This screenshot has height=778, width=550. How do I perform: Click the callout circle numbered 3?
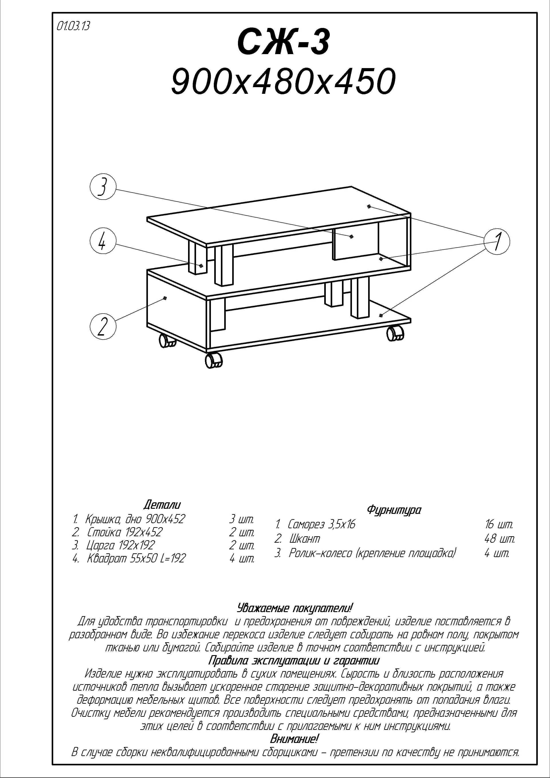click(x=103, y=187)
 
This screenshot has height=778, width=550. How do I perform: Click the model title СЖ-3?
click(x=283, y=43)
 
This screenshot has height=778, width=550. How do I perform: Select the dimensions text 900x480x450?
click(x=283, y=81)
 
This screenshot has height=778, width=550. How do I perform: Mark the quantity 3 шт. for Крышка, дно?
click(x=242, y=519)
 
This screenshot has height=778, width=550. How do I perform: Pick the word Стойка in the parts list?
click(x=101, y=532)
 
